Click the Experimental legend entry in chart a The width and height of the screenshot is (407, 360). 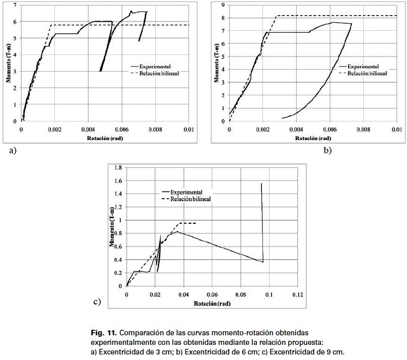point(156,66)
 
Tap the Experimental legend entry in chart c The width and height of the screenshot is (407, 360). point(187,192)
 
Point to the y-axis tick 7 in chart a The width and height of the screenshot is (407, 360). point(15,5)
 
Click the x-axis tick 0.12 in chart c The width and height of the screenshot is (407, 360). point(298,294)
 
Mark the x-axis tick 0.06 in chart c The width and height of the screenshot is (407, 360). point(212,294)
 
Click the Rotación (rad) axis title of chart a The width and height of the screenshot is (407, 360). point(104,137)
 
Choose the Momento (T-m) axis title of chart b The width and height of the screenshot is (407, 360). point(216,63)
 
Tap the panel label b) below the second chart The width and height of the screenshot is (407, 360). point(328,150)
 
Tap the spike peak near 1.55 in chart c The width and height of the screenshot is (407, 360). point(261,184)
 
